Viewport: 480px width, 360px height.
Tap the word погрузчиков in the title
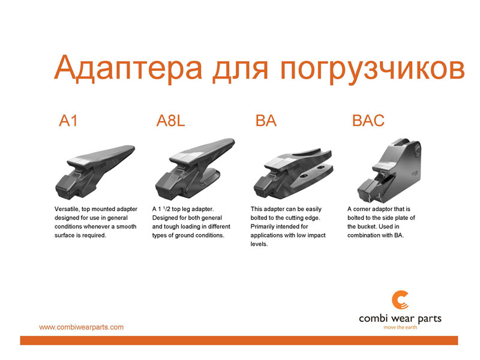[372, 70]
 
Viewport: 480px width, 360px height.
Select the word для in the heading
[241, 71]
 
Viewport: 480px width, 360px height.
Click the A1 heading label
[68, 121]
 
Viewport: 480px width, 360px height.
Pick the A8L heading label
[171, 121]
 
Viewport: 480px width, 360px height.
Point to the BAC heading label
[368, 121]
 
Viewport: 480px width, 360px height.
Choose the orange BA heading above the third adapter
[266, 121]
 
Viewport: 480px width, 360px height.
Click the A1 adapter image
[95, 173]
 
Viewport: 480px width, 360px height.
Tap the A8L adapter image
[195, 169]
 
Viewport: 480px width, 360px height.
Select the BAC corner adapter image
[389, 170]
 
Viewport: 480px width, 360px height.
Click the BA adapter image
[293, 173]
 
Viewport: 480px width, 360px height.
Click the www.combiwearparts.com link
[82, 327]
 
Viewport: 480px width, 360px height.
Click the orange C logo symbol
[400, 300]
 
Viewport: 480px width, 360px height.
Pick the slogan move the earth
[400, 327]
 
